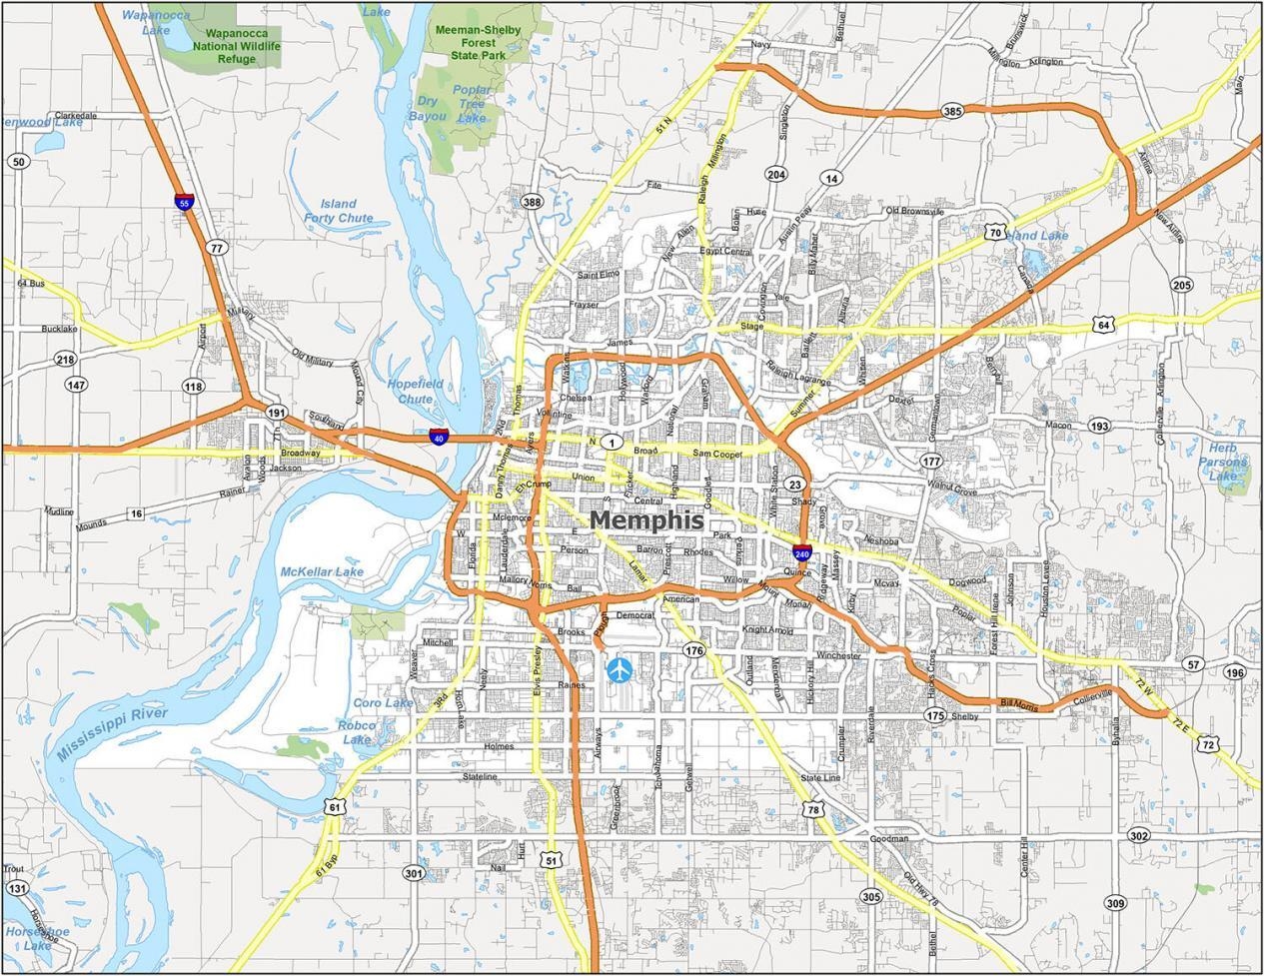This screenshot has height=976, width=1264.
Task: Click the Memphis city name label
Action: click(x=646, y=520)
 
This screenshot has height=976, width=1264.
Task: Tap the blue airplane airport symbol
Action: click(x=620, y=669)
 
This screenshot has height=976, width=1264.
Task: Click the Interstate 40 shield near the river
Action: click(x=438, y=437)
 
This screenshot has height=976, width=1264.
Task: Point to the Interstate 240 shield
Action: click(x=802, y=552)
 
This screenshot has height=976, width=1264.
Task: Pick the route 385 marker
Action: click(x=952, y=111)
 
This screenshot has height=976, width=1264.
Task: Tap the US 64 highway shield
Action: click(x=1102, y=325)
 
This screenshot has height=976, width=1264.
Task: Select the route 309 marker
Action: click(x=1115, y=903)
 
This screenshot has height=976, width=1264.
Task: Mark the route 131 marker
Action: click(x=17, y=888)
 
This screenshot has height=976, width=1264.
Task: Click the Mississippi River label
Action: click(x=112, y=734)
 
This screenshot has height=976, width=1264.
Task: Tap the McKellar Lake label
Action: click(x=322, y=572)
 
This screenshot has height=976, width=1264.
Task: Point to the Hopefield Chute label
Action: click(x=416, y=391)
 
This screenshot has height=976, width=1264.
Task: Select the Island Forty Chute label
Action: click(x=338, y=211)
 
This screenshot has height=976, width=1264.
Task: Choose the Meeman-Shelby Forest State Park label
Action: click(x=478, y=43)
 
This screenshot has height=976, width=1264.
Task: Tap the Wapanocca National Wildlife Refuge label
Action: click(x=237, y=46)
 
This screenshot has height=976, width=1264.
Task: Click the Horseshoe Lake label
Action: click(x=38, y=938)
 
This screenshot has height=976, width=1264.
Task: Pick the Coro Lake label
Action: click(x=383, y=703)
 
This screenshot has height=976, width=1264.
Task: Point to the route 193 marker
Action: click(x=1099, y=426)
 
